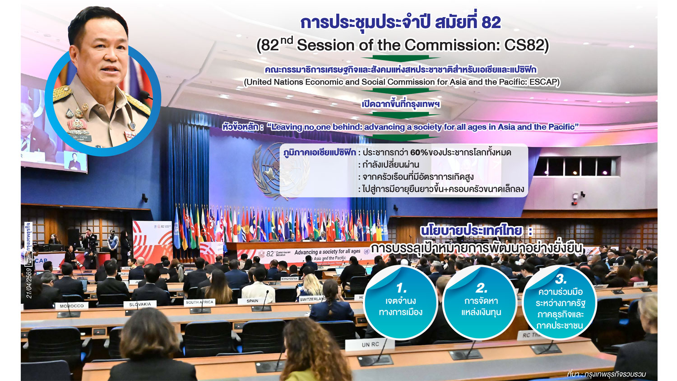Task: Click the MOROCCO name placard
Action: [x=72, y=306]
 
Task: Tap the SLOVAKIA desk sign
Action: [x=140, y=304]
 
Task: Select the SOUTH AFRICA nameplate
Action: [x=199, y=302]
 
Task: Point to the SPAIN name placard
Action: [x=252, y=301]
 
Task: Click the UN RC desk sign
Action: [x=370, y=344]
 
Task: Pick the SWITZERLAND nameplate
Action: [x=312, y=299]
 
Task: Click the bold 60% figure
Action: [x=419, y=153]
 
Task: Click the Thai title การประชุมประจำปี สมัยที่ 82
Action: [x=400, y=22]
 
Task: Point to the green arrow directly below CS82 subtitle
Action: [x=400, y=59]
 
